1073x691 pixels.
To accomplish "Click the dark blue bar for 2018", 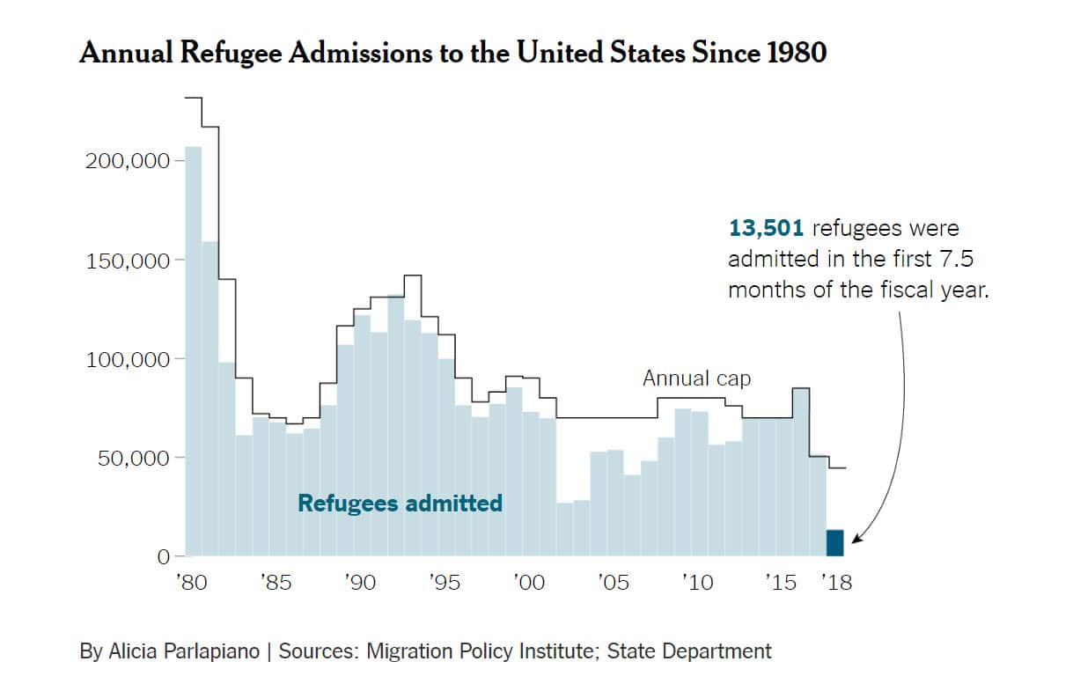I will [834, 543].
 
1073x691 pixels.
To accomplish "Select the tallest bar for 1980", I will [193, 352].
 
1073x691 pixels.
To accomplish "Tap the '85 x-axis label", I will [276, 583].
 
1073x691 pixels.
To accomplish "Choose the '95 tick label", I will [445, 583].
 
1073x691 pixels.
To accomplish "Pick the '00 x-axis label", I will [529, 583].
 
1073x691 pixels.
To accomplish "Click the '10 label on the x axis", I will [697, 583].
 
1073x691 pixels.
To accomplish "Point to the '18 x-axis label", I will [836, 583].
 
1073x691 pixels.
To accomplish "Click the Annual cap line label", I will [696, 379].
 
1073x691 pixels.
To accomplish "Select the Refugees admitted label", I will [400, 504].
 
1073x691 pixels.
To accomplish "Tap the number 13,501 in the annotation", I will [766, 229].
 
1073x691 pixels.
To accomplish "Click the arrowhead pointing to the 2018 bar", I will [855, 540].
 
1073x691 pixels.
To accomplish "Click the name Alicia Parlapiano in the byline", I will [186, 651].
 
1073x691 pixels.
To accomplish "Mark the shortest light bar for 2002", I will [564, 529].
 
